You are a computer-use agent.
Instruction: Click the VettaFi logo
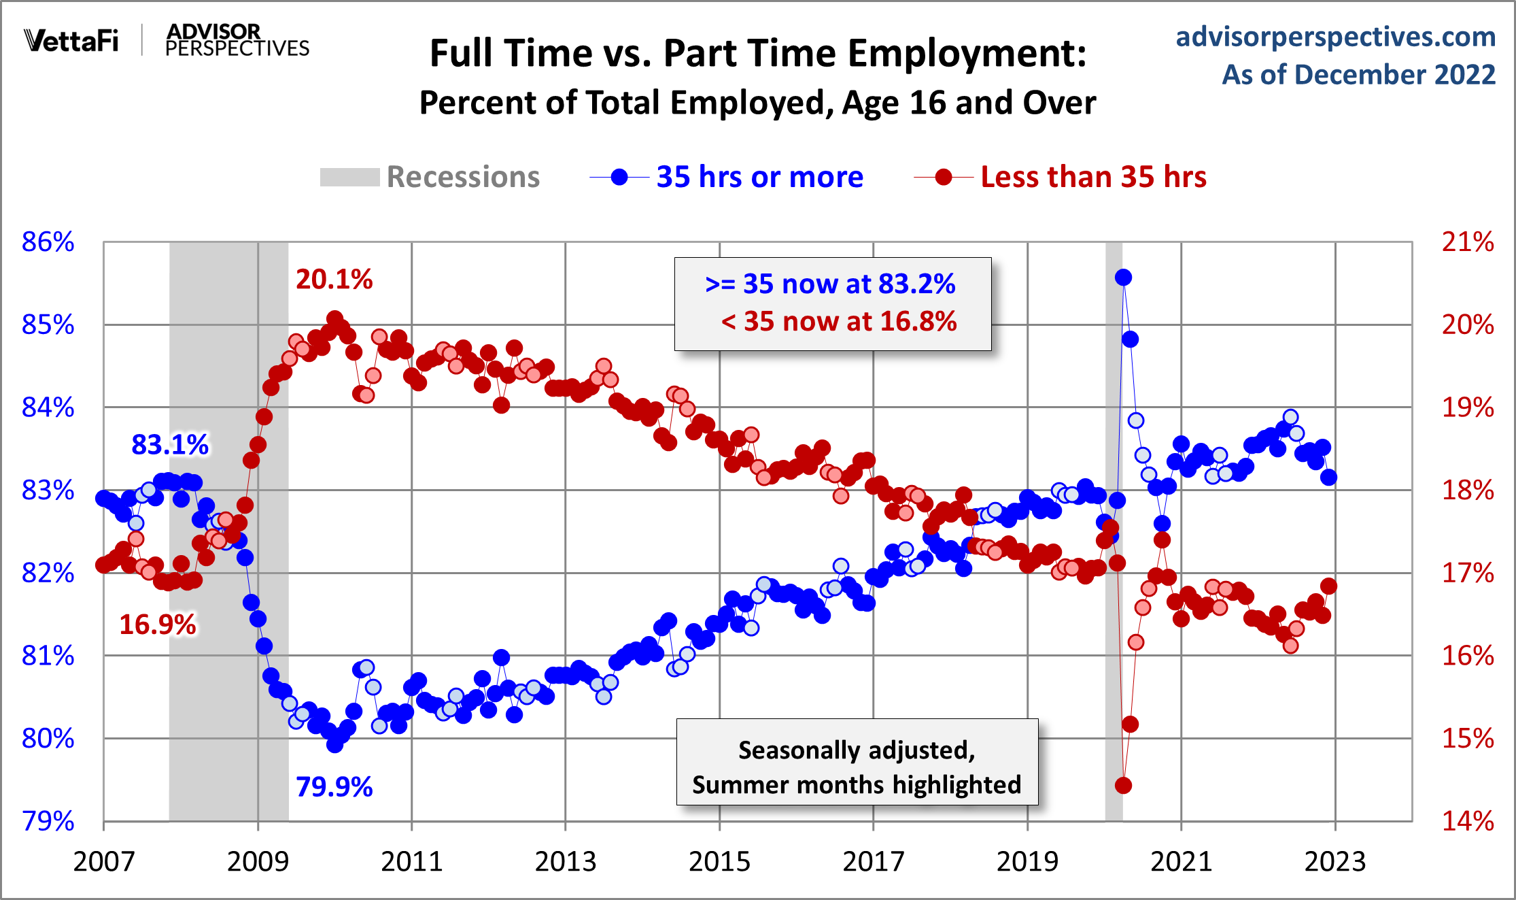click(71, 41)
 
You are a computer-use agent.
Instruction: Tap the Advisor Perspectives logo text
click(237, 40)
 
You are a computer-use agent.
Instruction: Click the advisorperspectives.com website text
click(1335, 37)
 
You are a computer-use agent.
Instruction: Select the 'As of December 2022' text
click(1358, 74)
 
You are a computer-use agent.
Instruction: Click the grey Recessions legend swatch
click(349, 178)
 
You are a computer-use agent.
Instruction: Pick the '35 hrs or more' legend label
click(759, 177)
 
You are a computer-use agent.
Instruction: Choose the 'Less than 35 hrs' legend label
click(1093, 177)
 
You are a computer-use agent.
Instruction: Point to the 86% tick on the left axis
click(48, 242)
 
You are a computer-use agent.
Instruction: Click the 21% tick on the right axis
click(1468, 242)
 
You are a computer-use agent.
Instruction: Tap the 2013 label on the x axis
click(565, 861)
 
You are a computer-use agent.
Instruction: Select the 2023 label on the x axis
click(1334, 861)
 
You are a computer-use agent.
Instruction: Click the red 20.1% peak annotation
click(334, 279)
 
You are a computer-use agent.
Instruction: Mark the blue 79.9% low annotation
click(334, 787)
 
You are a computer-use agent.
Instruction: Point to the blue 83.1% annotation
click(170, 445)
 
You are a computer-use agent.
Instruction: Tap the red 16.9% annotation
click(158, 624)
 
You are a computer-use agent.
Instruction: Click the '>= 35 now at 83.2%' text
click(830, 284)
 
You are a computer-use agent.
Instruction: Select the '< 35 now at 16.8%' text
click(839, 322)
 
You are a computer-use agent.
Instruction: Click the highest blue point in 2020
click(1123, 278)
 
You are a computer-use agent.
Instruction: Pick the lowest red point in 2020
click(1123, 785)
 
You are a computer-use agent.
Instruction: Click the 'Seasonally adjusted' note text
click(857, 750)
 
